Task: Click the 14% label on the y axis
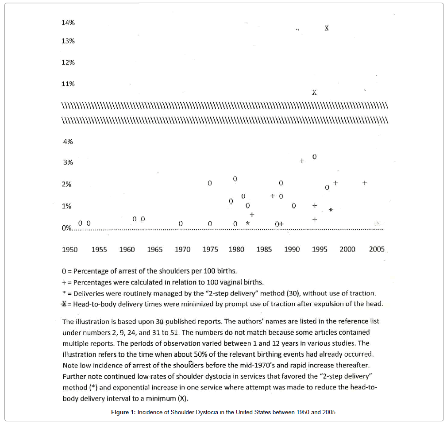point(68,23)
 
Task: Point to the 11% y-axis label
point(68,84)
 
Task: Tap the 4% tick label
point(68,142)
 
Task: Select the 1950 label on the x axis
point(69,250)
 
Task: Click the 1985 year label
point(264,250)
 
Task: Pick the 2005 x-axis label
point(377,250)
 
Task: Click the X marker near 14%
point(327,28)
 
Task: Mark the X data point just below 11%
point(314,93)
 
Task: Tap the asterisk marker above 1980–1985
point(248,224)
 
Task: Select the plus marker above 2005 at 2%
point(365,182)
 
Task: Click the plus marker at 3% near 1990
point(302,161)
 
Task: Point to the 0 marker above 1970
point(181,224)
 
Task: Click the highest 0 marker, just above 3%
point(314,157)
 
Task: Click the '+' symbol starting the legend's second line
point(65,282)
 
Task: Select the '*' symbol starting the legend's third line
point(64,293)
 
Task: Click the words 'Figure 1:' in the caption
point(123,412)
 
